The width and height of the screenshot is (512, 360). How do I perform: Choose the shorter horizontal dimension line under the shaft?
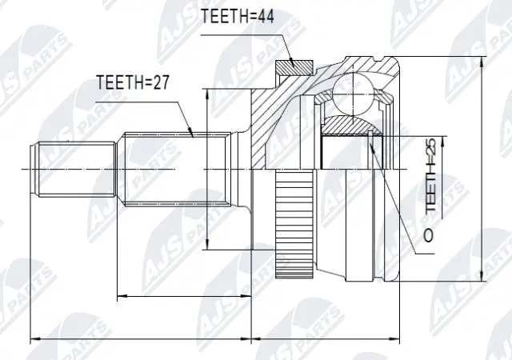(x=184, y=298)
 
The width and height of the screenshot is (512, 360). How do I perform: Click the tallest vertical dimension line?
(x=482, y=168)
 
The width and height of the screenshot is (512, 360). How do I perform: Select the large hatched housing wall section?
(x=272, y=120)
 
